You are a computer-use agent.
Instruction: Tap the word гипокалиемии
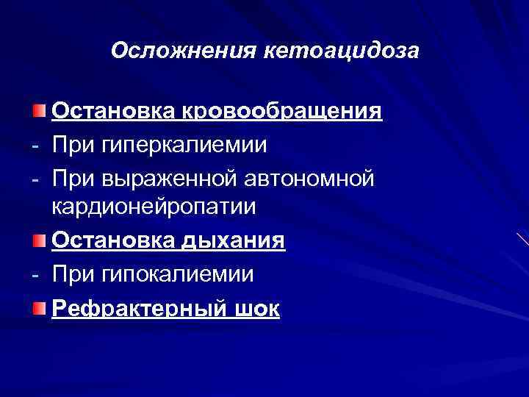[179, 274]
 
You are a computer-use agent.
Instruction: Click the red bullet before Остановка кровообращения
[38, 111]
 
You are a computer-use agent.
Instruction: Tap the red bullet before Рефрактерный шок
[38, 307]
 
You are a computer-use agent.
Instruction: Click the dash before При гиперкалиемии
[37, 145]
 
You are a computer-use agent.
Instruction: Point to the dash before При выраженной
[37, 177]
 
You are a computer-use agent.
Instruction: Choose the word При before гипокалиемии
[73, 274]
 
